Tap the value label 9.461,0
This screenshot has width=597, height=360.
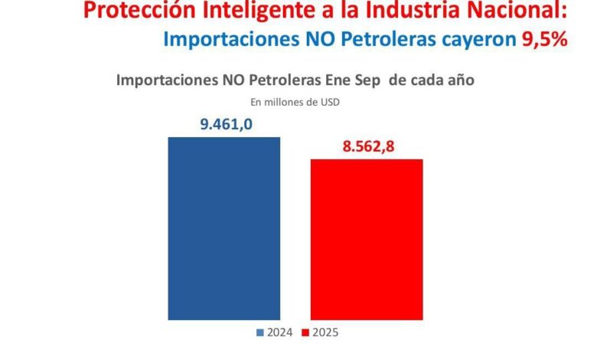(226, 124)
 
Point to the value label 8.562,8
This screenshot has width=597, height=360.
(368, 146)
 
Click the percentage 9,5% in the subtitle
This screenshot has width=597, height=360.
(544, 39)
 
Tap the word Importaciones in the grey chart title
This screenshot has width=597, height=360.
(166, 80)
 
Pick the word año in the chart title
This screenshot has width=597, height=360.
(464, 80)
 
